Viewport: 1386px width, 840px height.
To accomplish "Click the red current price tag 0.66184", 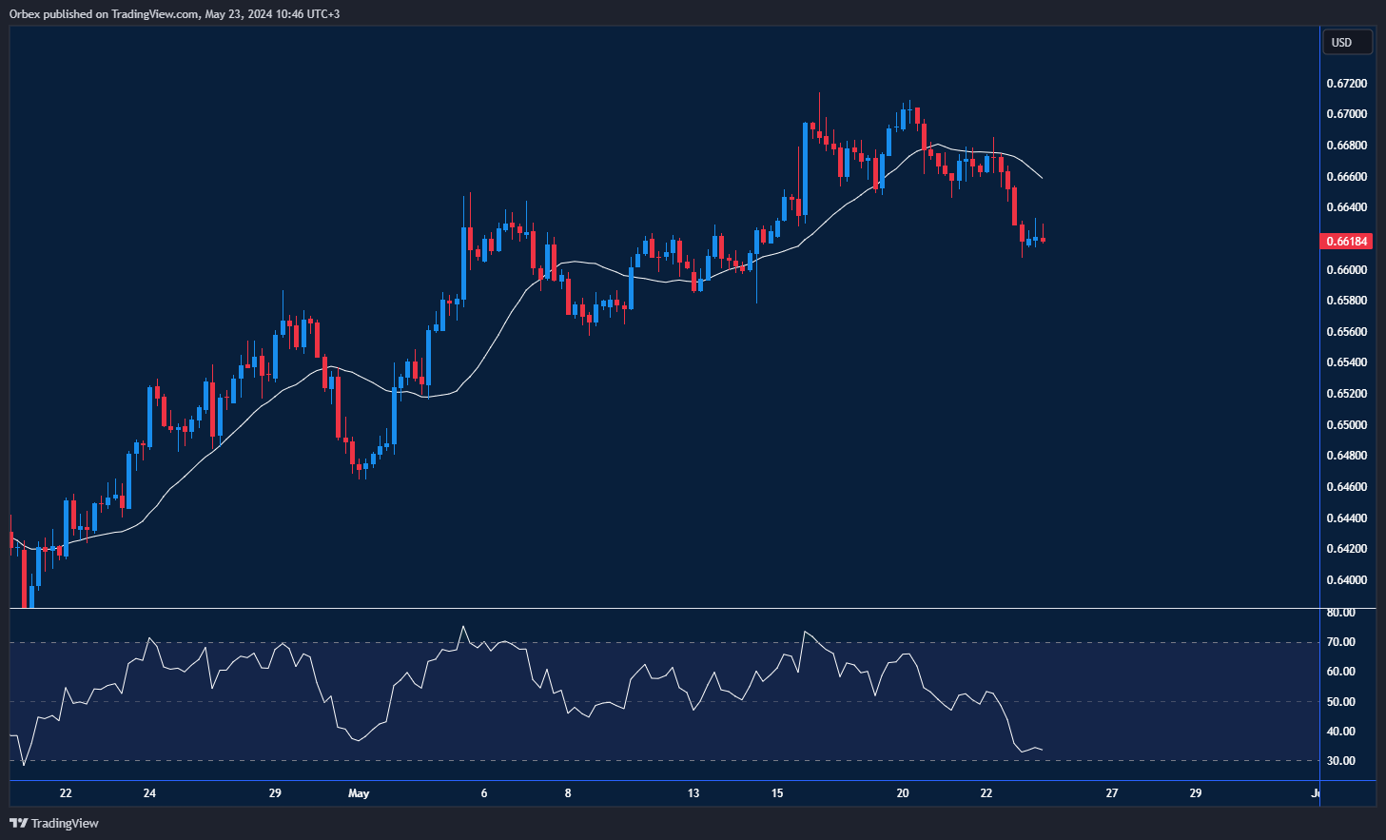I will (x=1347, y=242).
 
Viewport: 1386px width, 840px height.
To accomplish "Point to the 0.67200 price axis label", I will (x=1347, y=84).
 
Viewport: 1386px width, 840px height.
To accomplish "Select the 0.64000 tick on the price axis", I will (x=1347, y=580).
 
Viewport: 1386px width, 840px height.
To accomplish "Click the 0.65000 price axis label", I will (x=1347, y=425).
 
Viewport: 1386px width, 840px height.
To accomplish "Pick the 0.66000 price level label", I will (x=1347, y=270).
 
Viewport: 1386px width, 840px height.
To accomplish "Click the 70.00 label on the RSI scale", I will (x=1341, y=642).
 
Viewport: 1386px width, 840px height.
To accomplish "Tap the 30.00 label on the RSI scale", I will (x=1341, y=761).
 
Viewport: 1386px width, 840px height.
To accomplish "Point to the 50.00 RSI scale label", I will (x=1341, y=702).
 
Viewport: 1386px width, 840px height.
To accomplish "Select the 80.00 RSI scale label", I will (x=1341, y=613).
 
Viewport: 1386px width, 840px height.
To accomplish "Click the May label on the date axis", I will (x=359, y=793).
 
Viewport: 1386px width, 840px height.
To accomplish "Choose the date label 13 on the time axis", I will (x=693, y=793).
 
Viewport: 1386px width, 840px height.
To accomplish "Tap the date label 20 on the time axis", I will (x=903, y=793).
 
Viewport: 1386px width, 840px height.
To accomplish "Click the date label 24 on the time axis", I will (x=149, y=793).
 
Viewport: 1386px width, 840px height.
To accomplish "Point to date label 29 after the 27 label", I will (x=1196, y=793).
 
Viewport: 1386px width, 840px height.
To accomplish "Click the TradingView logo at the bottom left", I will (x=54, y=823).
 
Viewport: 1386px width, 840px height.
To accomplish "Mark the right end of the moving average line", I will (x=1043, y=178).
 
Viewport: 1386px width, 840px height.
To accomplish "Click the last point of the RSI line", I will (x=1043, y=750).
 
